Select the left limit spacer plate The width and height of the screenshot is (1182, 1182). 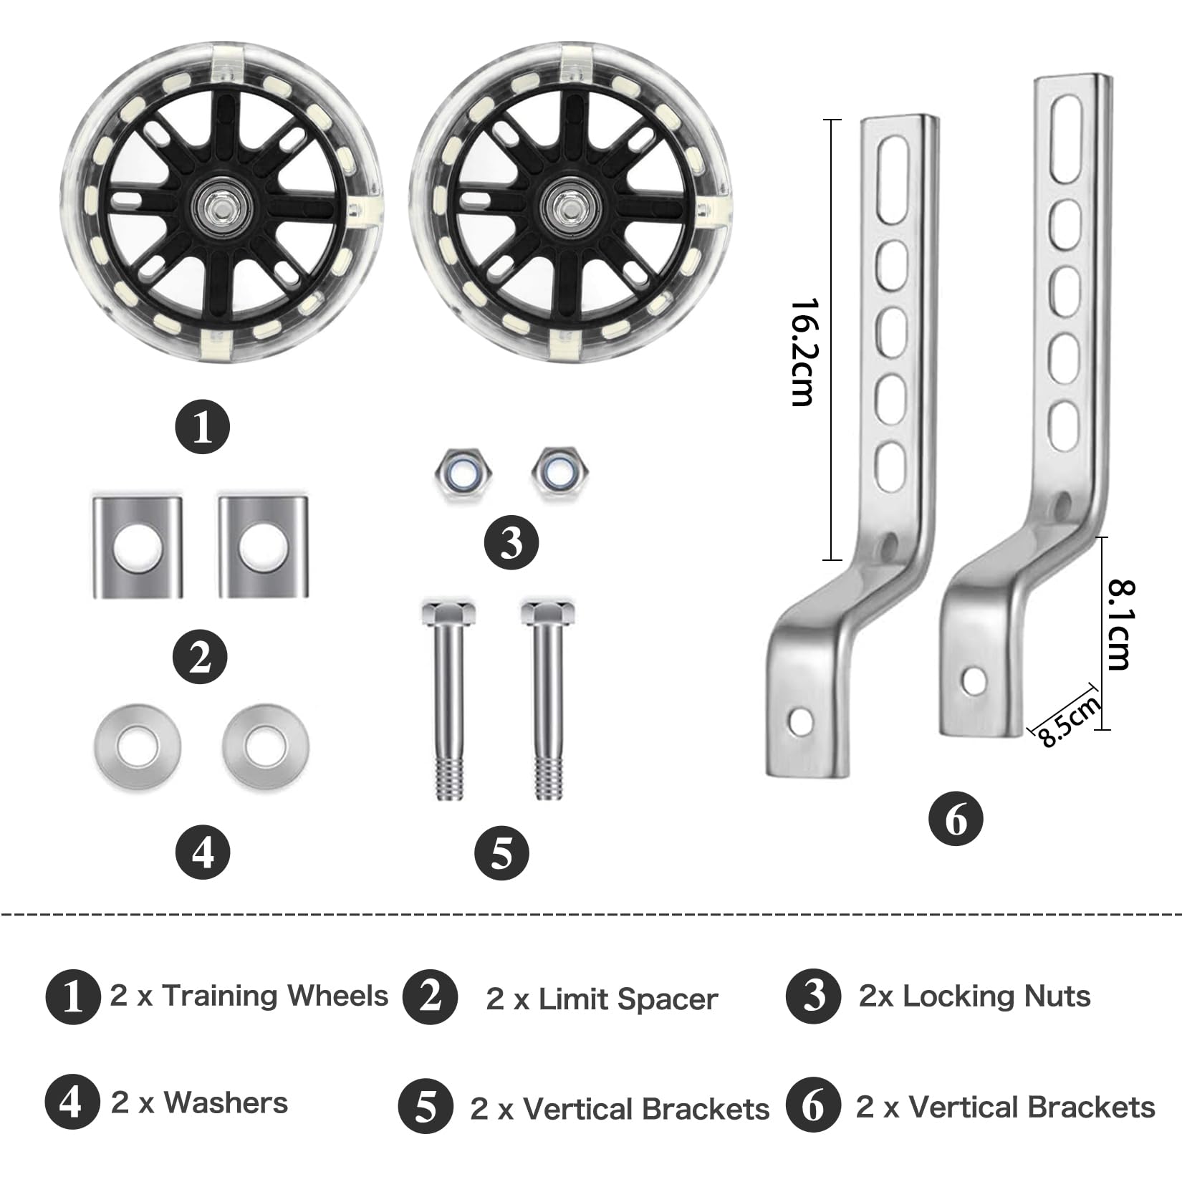pos(138,546)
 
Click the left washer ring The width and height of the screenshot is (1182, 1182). pos(136,747)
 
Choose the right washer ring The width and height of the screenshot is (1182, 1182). pos(266,747)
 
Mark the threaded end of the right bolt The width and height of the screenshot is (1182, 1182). pos(548,779)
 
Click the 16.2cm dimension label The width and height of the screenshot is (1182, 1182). pos(802,352)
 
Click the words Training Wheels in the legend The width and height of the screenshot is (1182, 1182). pos(275,996)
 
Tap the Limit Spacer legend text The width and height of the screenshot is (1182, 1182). pos(628,999)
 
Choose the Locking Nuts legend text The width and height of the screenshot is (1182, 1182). pos(996,996)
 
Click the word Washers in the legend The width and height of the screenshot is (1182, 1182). pos(226,1102)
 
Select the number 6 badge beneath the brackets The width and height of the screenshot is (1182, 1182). pos(956,819)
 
